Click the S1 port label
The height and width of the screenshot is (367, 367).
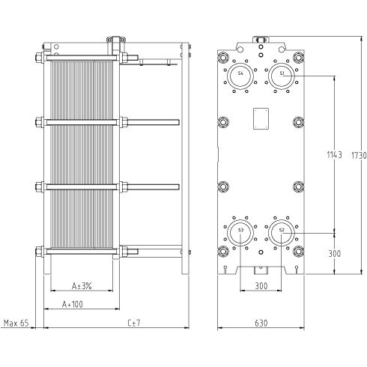click(282, 73)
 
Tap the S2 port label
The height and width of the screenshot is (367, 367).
click(282, 230)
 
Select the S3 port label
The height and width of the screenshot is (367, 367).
click(240, 230)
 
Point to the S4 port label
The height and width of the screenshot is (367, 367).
click(240, 73)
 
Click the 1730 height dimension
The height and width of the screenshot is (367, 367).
click(359, 156)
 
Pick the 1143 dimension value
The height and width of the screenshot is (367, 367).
click(335, 155)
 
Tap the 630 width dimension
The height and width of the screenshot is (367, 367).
click(261, 323)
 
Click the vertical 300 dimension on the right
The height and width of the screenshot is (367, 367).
click(335, 254)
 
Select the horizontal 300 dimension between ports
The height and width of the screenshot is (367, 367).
click(261, 285)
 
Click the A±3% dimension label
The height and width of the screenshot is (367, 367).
click(82, 285)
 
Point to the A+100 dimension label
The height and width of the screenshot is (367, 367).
click(73, 304)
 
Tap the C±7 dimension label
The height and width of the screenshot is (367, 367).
click(134, 323)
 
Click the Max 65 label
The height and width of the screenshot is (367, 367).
click(16, 323)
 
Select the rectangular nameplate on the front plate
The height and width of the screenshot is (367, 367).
click(261, 118)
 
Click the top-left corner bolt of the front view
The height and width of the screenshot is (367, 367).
click(223, 58)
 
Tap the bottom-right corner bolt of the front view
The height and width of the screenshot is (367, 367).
click(298, 251)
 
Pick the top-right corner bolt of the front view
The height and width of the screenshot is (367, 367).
click(298, 58)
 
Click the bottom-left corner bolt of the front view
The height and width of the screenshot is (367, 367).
click(223, 251)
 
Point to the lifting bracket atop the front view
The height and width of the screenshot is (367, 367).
click(261, 40)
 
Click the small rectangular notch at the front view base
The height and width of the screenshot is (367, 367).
click(261, 270)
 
